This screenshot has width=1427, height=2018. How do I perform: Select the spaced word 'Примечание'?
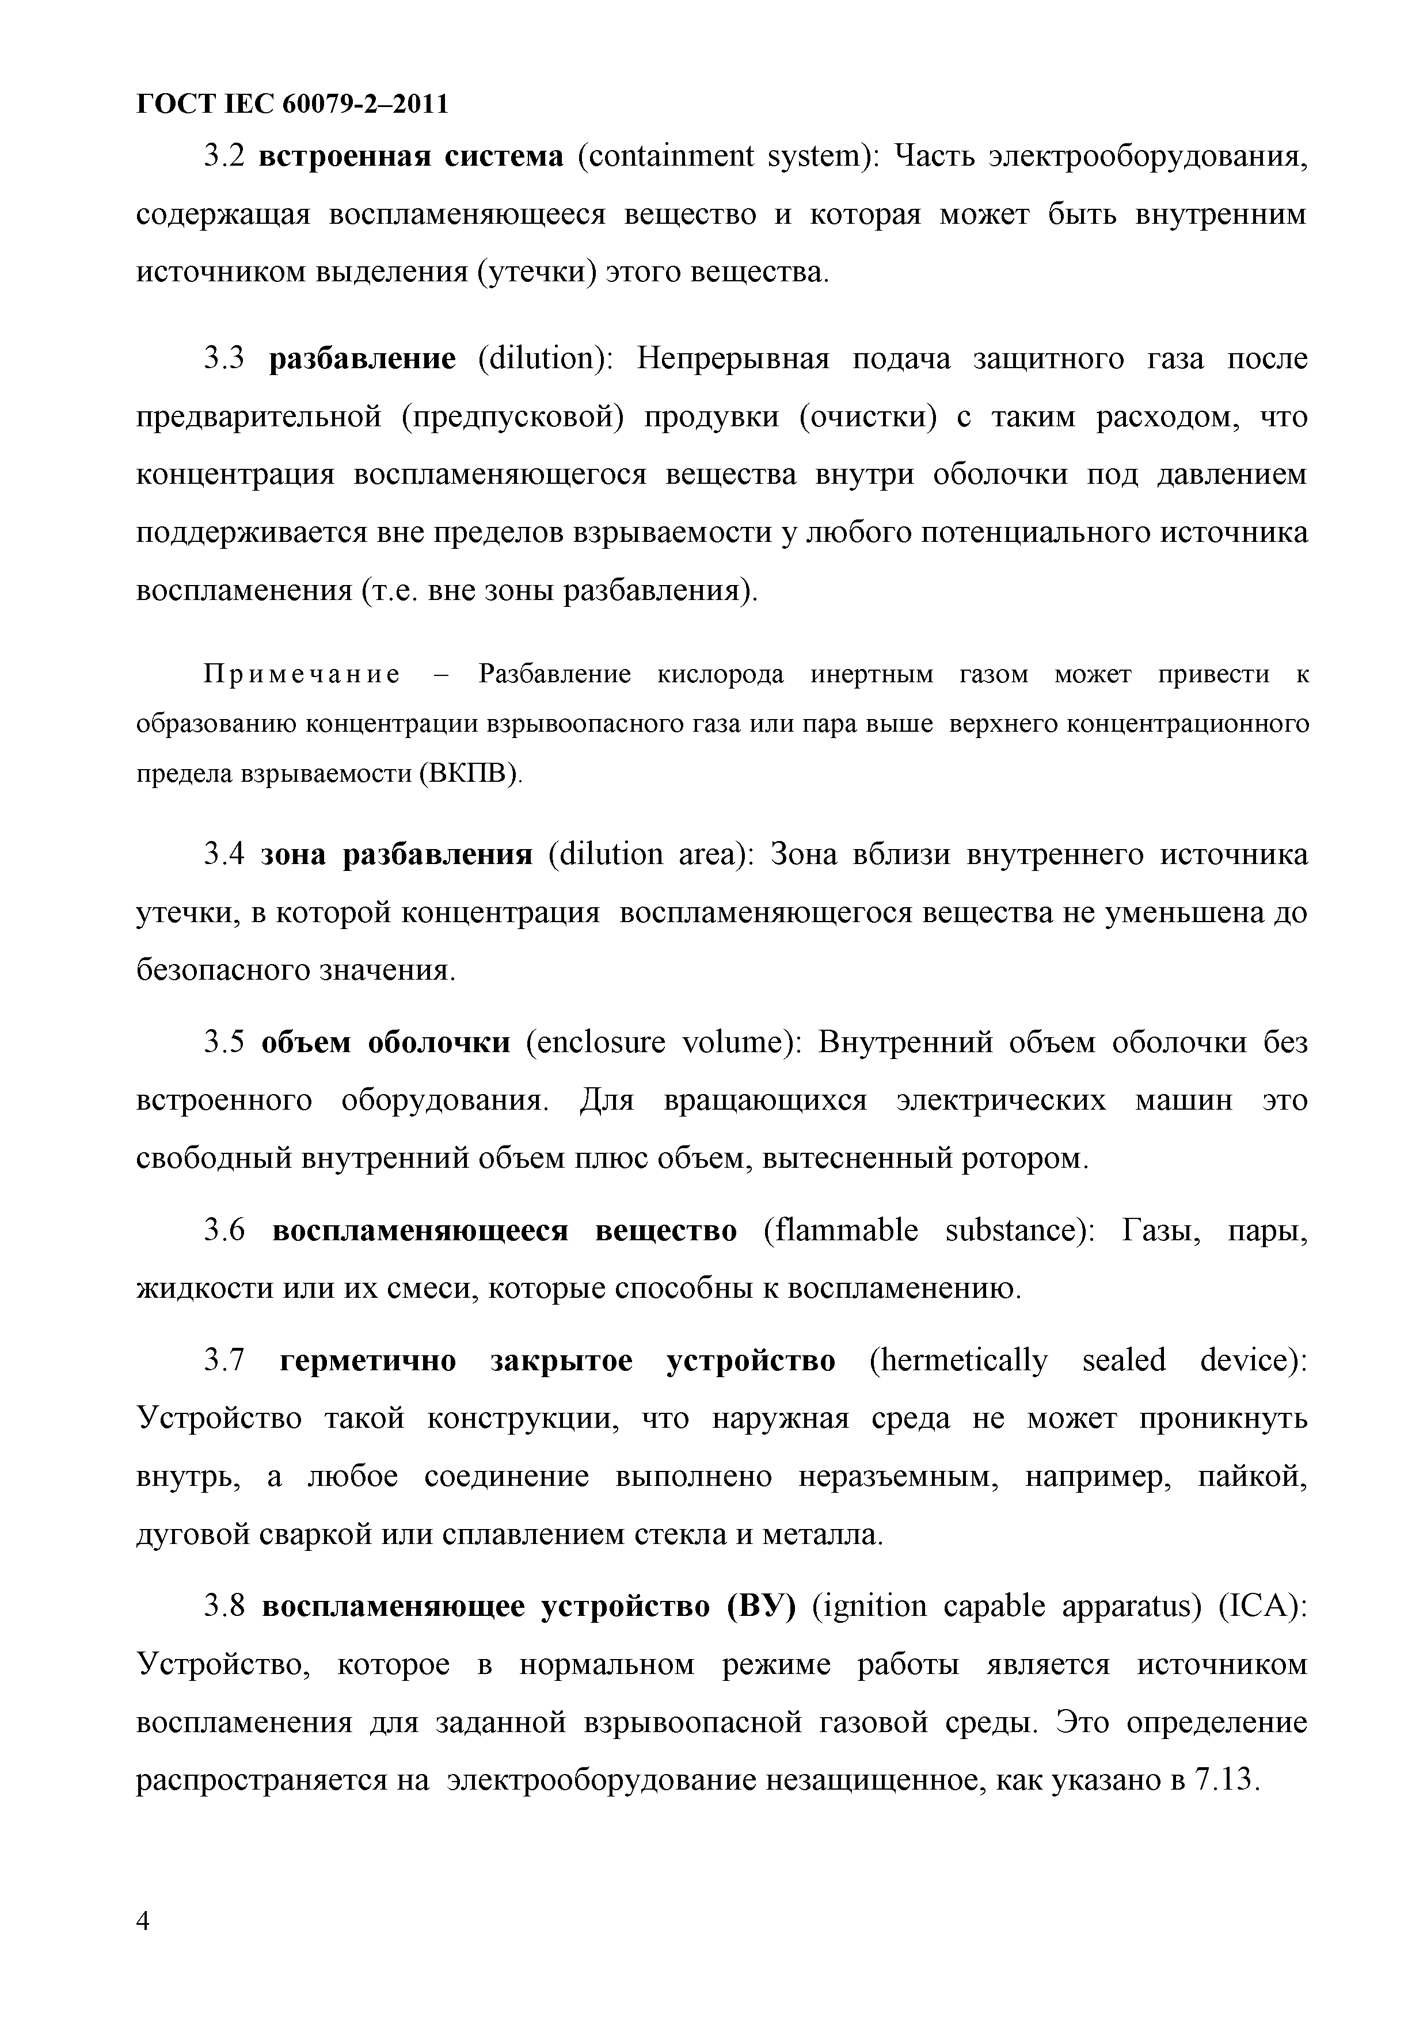tap(302, 675)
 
